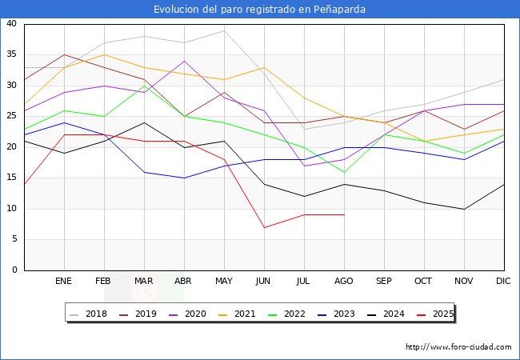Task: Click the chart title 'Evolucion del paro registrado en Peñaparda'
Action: pos(260,10)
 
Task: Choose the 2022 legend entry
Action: pos(296,314)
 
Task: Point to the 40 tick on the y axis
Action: pos(12,24)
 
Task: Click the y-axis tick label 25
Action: pos(12,117)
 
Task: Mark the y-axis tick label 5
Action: pos(15,240)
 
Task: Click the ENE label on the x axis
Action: pos(64,282)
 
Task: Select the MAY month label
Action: pos(224,282)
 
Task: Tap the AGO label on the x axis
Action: pos(344,282)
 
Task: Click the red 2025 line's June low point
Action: pos(264,227)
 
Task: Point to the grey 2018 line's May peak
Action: pos(224,30)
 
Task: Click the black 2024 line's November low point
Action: pos(464,209)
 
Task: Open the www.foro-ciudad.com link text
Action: pos(458,347)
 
